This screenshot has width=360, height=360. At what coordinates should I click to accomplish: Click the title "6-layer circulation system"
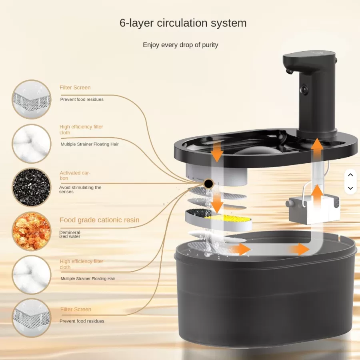183,23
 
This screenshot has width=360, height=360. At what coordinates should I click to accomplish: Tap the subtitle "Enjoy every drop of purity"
180,45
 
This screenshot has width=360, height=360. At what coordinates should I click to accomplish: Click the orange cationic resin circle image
32,231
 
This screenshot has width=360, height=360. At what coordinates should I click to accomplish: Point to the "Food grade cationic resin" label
99,220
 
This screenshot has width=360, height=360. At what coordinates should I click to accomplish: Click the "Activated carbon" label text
75,175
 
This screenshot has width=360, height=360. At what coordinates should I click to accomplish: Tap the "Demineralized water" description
70,234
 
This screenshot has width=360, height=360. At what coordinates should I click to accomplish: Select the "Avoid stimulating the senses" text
80,190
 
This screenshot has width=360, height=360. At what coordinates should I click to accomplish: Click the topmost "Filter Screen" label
75,88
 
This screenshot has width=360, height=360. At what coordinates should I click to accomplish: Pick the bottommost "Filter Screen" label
76,309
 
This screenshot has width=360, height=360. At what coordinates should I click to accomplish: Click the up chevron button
350,175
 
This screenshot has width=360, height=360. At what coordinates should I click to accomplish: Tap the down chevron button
350,188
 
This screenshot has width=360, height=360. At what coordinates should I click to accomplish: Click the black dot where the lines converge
208,184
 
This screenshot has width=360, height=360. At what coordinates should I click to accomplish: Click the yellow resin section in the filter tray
228,218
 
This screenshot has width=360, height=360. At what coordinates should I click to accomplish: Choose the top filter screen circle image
32,99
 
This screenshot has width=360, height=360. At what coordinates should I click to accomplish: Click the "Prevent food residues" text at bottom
82,321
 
